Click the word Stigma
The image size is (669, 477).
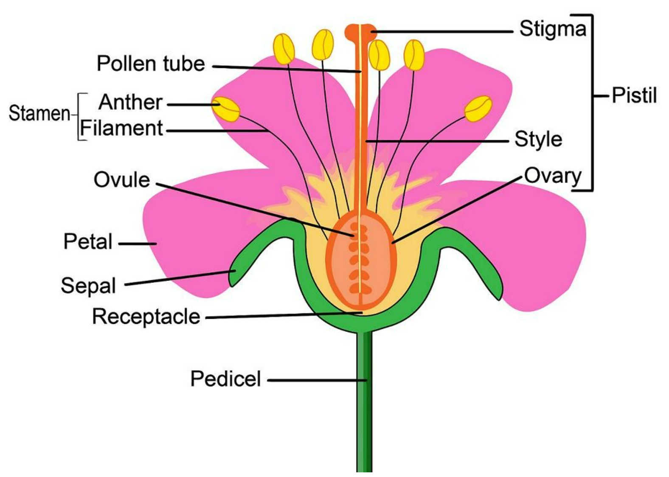click(552, 29)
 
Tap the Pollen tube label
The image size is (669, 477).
click(151, 64)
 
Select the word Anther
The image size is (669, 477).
click(131, 102)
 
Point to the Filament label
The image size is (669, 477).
click(121, 128)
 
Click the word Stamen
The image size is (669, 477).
click(39, 114)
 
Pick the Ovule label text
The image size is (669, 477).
click(121, 180)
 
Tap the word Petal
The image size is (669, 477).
click(88, 242)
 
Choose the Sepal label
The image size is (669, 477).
click(88, 286)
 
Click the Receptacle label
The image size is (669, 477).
click(146, 317)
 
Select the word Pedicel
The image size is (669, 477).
click(225, 379)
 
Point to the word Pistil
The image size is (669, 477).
click(634, 95)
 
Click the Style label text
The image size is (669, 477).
click(538, 139)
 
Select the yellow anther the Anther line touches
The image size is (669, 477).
click(226, 109)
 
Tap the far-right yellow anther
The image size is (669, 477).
click(478, 109)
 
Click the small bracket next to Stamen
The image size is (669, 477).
click(79, 116)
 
